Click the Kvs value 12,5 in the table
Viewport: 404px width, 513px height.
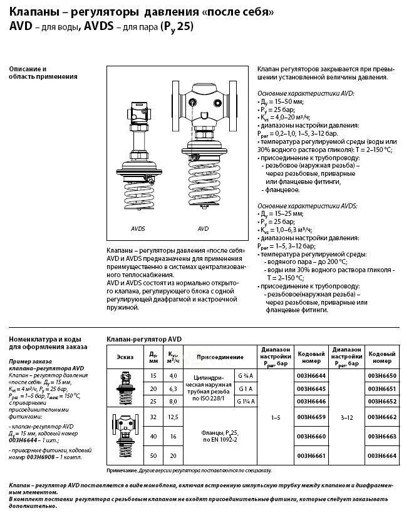(x=173, y=416)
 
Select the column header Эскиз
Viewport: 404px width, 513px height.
(x=125, y=357)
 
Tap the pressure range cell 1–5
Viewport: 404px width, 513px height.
(x=274, y=415)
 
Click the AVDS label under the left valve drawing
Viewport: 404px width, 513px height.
(x=138, y=229)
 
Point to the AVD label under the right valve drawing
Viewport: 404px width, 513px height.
(x=203, y=229)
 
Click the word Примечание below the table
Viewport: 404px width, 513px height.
(x=121, y=470)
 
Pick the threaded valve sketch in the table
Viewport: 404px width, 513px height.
(x=125, y=388)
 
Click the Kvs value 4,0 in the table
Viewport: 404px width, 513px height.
(x=173, y=375)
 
